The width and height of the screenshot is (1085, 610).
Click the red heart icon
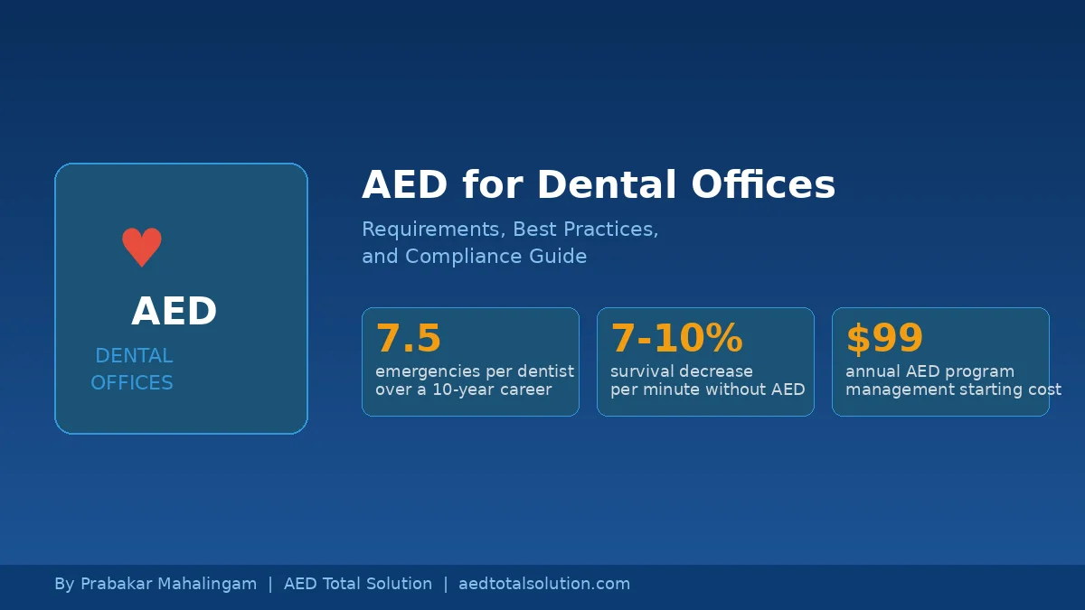(x=142, y=247)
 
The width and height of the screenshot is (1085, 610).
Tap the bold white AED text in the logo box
(x=175, y=311)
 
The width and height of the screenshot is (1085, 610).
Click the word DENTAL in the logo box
(x=134, y=356)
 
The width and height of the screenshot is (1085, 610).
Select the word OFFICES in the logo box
(x=132, y=383)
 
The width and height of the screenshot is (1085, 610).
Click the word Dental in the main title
(x=607, y=184)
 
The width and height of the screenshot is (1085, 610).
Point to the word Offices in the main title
(x=763, y=184)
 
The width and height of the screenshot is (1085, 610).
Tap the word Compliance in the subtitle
(x=464, y=256)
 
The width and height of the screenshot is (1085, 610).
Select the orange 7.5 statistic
(x=409, y=337)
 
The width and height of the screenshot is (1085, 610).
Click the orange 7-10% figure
(x=676, y=337)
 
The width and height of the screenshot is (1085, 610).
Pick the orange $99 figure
(x=884, y=338)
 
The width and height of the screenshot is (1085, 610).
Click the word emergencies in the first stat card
(x=428, y=371)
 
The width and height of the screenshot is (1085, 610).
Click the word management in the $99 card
(x=894, y=389)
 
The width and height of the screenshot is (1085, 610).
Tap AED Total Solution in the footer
(x=358, y=584)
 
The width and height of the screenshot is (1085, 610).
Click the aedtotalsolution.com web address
(x=544, y=584)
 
